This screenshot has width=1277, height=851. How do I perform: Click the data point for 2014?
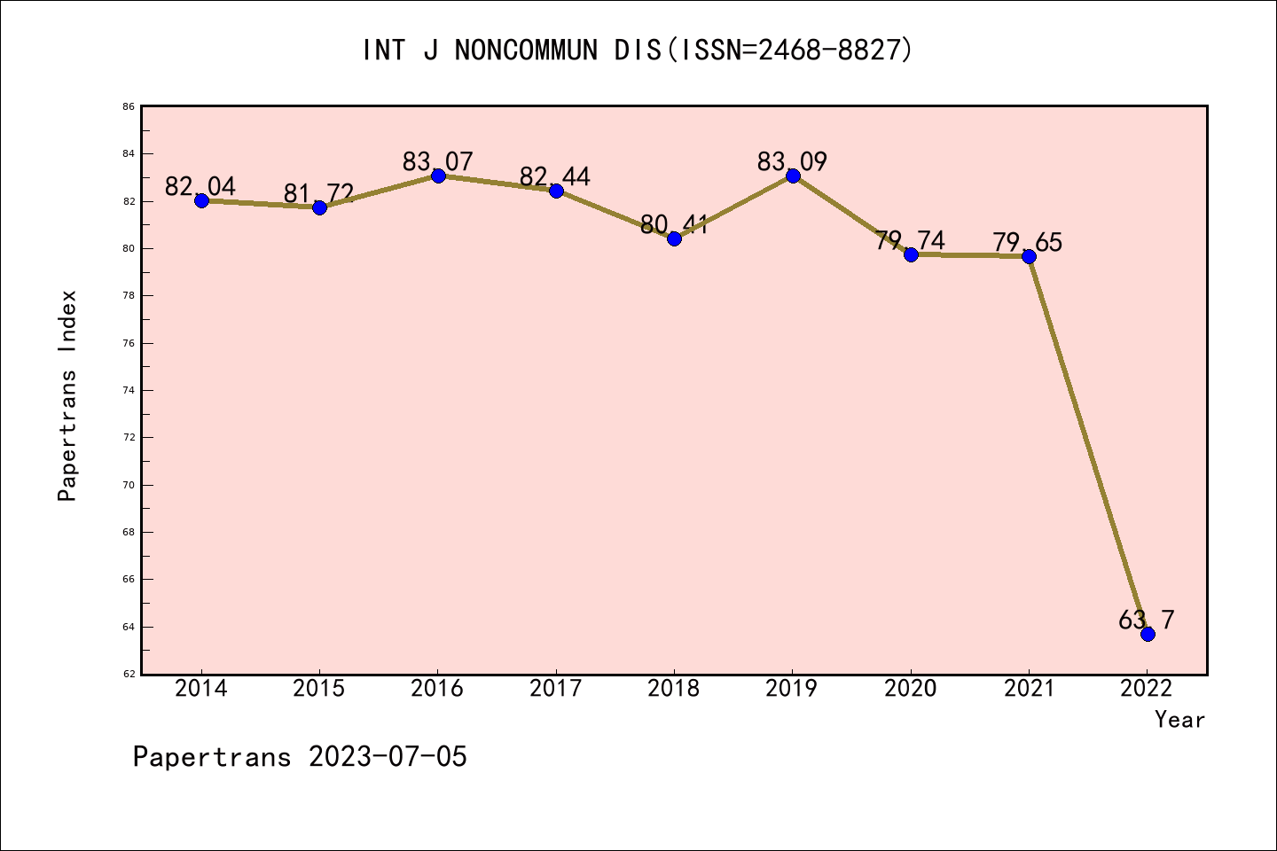coord(201,200)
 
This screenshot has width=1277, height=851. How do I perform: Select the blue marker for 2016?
coord(438,176)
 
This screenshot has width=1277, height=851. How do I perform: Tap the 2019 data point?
coord(793,176)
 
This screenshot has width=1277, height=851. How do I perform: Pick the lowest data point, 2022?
coord(1148,634)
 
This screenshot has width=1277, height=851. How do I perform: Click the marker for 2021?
coord(1029,256)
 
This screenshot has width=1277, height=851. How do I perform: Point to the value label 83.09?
coord(792,162)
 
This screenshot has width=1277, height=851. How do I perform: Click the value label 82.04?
coord(200,187)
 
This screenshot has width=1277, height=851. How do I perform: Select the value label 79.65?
coord(1027,243)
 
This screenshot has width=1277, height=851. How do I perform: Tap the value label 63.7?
coord(1146,621)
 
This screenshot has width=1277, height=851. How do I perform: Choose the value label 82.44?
coord(555,177)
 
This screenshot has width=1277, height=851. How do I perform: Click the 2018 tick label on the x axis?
coord(674,689)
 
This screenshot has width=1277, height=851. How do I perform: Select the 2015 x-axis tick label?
coord(319,689)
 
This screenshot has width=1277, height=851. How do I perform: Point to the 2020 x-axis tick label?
coord(911,689)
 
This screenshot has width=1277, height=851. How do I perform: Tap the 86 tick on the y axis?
coord(129,107)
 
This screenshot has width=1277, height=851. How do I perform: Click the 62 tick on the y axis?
coord(129,675)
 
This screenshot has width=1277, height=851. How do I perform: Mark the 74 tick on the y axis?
coord(129,391)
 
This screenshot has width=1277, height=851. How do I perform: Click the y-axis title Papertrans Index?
coord(67,395)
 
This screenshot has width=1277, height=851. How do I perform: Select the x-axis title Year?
coord(1179,720)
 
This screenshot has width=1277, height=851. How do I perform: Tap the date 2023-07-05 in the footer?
coord(388,757)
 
